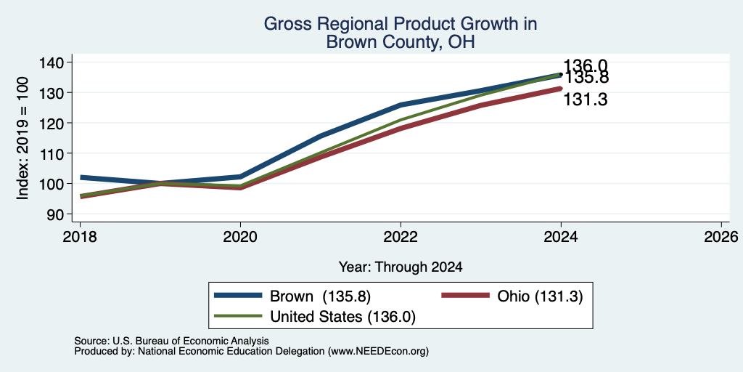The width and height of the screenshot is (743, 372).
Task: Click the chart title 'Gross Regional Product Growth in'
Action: (x=401, y=24)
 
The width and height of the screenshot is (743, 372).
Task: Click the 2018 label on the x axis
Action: (x=80, y=236)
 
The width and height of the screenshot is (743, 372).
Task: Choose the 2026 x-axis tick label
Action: (x=721, y=236)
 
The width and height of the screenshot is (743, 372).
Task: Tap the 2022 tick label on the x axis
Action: (x=401, y=236)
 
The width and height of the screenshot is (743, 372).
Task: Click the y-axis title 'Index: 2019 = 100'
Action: (x=22, y=138)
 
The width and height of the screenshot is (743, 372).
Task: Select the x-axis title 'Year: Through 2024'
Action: (x=401, y=267)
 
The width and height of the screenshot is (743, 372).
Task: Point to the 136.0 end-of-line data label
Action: (x=586, y=66)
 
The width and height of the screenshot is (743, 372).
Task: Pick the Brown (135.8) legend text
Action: (x=320, y=296)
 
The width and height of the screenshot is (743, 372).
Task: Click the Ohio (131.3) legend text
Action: (x=540, y=296)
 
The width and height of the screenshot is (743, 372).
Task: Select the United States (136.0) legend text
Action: (x=342, y=317)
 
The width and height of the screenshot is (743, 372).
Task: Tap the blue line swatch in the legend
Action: (x=238, y=295)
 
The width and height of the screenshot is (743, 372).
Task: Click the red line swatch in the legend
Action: (x=465, y=295)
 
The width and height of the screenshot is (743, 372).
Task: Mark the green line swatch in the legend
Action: (x=238, y=315)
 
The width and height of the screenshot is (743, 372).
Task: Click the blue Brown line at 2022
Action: (x=401, y=105)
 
